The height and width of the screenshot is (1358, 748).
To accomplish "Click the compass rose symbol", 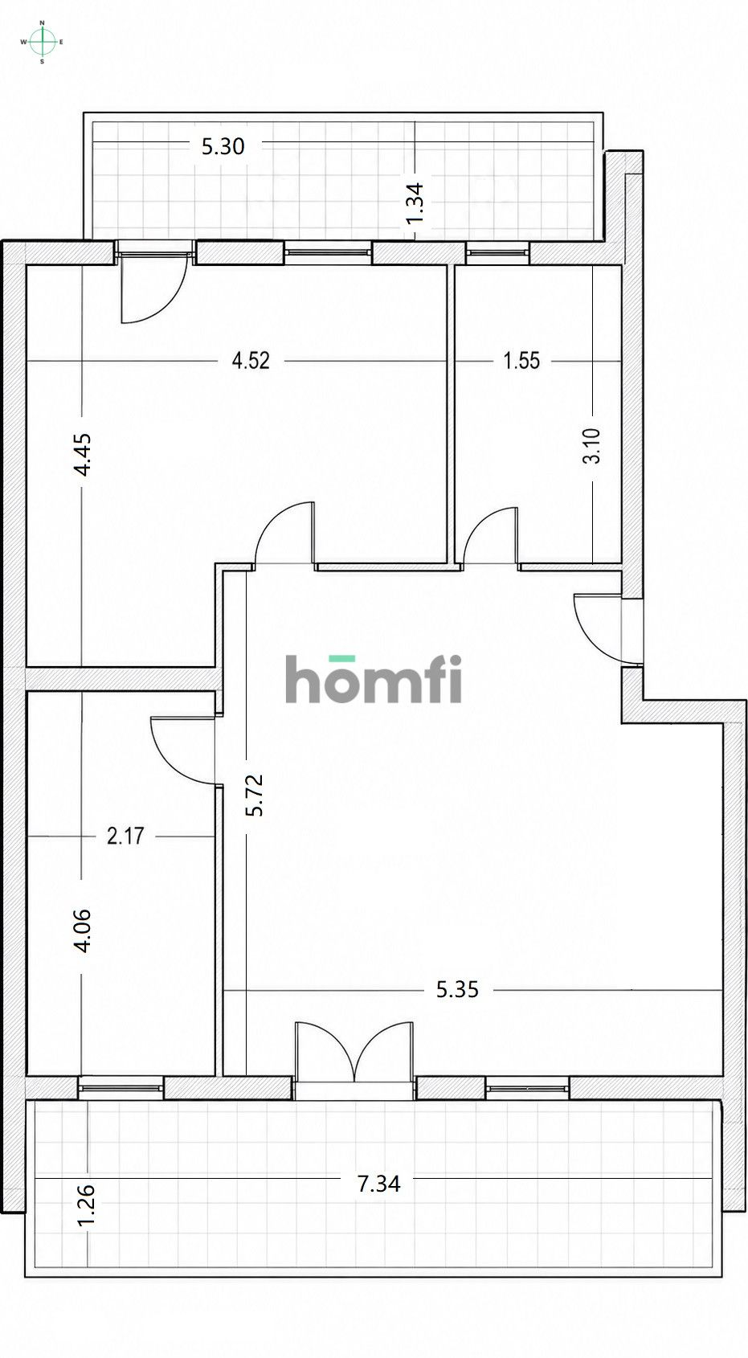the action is [42, 42].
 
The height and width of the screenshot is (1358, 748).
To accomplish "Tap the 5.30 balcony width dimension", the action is [223, 146].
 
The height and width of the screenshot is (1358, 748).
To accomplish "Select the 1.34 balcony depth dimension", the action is [415, 203].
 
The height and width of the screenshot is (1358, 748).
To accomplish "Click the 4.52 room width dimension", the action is [251, 361].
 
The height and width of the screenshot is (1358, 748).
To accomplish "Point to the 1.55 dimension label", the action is [521, 361].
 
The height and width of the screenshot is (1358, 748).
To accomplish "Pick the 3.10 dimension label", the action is [591, 446].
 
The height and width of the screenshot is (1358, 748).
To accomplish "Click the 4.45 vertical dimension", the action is [82, 455].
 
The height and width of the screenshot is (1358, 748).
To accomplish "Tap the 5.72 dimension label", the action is [255, 795].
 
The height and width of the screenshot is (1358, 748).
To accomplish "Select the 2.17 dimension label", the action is [125, 836].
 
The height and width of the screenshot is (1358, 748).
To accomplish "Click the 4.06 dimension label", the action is [82, 931].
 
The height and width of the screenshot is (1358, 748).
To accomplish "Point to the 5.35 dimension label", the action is [458, 990].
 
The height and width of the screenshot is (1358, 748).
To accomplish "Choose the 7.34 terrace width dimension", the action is [379, 1184].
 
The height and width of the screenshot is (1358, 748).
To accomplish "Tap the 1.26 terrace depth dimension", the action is [87, 1205].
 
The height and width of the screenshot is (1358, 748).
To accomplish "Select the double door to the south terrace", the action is [354, 1053].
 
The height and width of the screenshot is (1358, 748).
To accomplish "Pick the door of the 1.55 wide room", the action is [491, 537].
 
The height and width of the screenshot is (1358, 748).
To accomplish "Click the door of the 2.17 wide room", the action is [183, 751].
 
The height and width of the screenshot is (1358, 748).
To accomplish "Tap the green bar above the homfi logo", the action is [342, 658].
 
